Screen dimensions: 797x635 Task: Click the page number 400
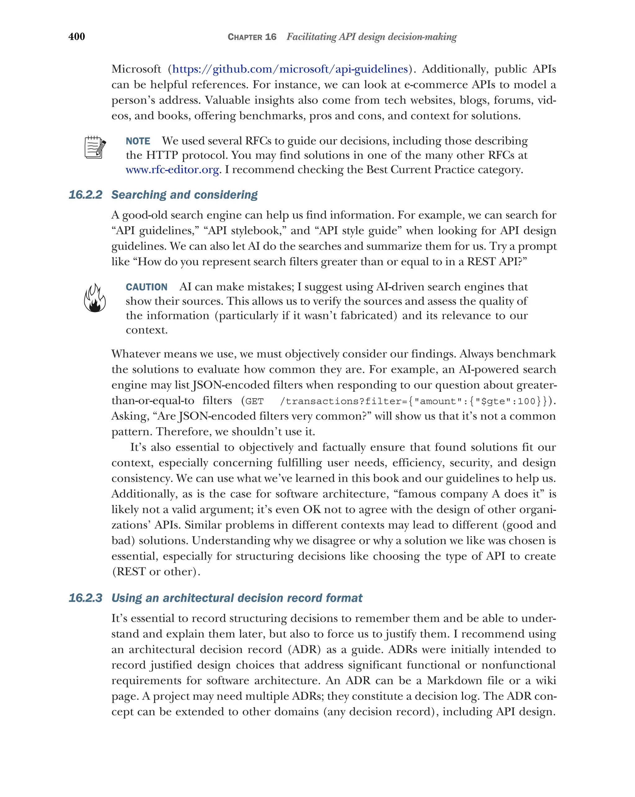click(77, 36)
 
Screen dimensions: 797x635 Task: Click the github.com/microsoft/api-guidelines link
click(290, 69)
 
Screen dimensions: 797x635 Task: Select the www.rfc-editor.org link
click(172, 170)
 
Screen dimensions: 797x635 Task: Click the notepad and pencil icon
click(95, 147)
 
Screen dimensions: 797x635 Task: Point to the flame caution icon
click(95, 298)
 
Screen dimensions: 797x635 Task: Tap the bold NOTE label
click(138, 141)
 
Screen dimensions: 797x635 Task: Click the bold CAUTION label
click(146, 287)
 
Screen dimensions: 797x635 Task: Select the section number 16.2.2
click(85, 195)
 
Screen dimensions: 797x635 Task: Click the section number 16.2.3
click(85, 598)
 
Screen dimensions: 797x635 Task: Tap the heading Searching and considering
click(184, 195)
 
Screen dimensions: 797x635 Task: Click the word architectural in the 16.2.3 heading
click(198, 598)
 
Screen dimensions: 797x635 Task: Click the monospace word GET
click(254, 401)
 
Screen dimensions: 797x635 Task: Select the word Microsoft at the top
click(136, 69)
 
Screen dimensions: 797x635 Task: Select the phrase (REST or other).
click(156, 572)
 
